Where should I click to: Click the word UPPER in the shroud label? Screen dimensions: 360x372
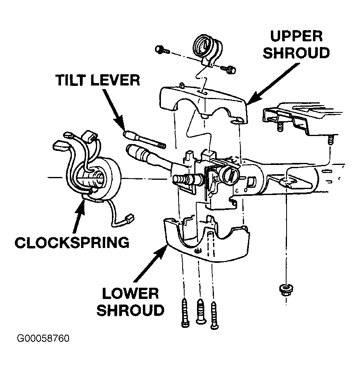point(297,36)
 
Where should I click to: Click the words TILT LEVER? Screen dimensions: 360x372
point(98,80)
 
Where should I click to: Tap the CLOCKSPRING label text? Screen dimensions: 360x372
point(72,242)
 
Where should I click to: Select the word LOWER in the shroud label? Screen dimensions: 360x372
point(130,293)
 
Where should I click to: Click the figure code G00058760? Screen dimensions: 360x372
point(43,338)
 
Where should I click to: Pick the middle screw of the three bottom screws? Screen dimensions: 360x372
point(201,311)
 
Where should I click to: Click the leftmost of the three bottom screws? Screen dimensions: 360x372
point(185,313)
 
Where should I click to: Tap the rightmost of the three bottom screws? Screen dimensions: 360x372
point(214,315)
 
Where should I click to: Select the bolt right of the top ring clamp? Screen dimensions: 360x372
point(228,69)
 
